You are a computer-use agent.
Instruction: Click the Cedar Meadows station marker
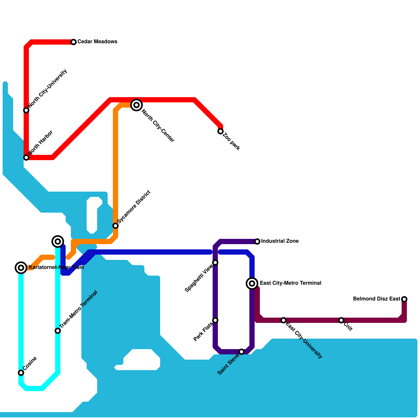(x=74, y=42)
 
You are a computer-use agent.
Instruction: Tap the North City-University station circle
(x=26, y=110)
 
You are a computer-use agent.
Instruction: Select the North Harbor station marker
(x=26, y=157)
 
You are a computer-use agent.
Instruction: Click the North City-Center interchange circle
(x=136, y=105)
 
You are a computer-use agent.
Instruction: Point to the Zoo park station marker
(x=220, y=131)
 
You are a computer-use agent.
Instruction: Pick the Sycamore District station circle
(x=115, y=226)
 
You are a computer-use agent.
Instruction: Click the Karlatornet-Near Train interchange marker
(x=21, y=268)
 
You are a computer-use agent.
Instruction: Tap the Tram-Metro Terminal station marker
(x=58, y=331)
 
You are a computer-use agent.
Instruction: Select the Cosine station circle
(x=21, y=373)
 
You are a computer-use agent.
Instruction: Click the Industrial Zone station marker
(x=257, y=241)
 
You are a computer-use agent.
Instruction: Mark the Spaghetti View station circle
(x=215, y=262)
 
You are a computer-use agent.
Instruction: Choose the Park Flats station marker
(x=215, y=320)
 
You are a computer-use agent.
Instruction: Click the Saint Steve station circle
(x=241, y=352)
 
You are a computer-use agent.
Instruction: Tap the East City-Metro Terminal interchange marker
(x=252, y=283)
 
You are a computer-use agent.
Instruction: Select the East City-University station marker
(x=283, y=320)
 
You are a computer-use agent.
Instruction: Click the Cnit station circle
(x=341, y=320)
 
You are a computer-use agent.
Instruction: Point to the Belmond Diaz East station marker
(x=404, y=299)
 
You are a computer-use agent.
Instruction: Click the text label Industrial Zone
(x=280, y=241)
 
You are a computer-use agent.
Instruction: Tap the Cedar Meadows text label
(x=97, y=42)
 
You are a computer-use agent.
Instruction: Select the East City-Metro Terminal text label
(x=290, y=283)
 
